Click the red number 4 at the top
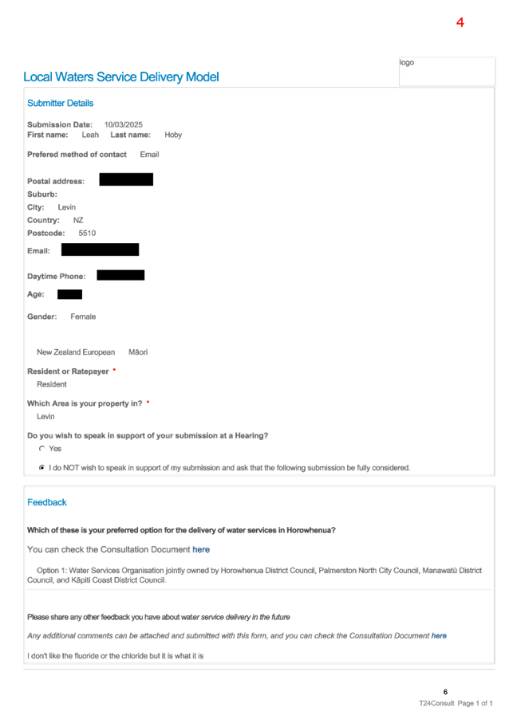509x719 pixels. click(460, 22)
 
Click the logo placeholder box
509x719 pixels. click(447, 72)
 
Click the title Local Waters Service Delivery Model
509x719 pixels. click(121, 77)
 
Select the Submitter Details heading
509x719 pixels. click(60, 103)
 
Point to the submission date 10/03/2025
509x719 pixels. click(124, 124)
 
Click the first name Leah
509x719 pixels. click(90, 135)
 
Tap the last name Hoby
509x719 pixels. click(173, 135)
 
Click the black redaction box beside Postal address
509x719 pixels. click(126, 179)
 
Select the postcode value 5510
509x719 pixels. click(87, 233)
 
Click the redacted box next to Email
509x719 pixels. click(100, 249)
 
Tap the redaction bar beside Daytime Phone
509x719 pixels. click(120, 275)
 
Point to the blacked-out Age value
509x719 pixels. click(69, 294)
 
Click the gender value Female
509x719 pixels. click(83, 317)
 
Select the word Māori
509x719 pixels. click(138, 352)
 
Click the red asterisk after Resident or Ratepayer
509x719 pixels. click(114, 370)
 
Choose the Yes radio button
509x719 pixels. click(42, 449)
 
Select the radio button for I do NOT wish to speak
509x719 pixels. click(42, 468)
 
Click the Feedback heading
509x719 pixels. click(47, 502)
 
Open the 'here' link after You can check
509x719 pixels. click(201, 549)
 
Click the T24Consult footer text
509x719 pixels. click(436, 703)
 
